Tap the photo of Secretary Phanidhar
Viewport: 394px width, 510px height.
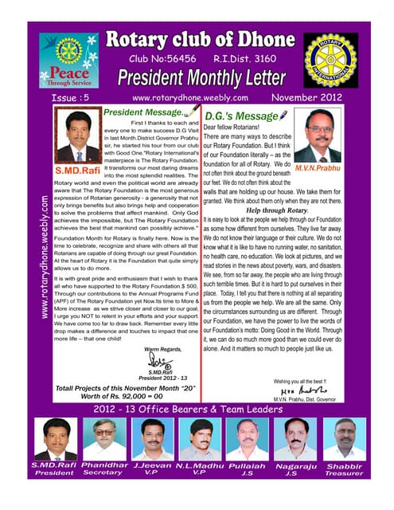point(103,438)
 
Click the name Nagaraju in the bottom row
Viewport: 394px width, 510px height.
point(295,464)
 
